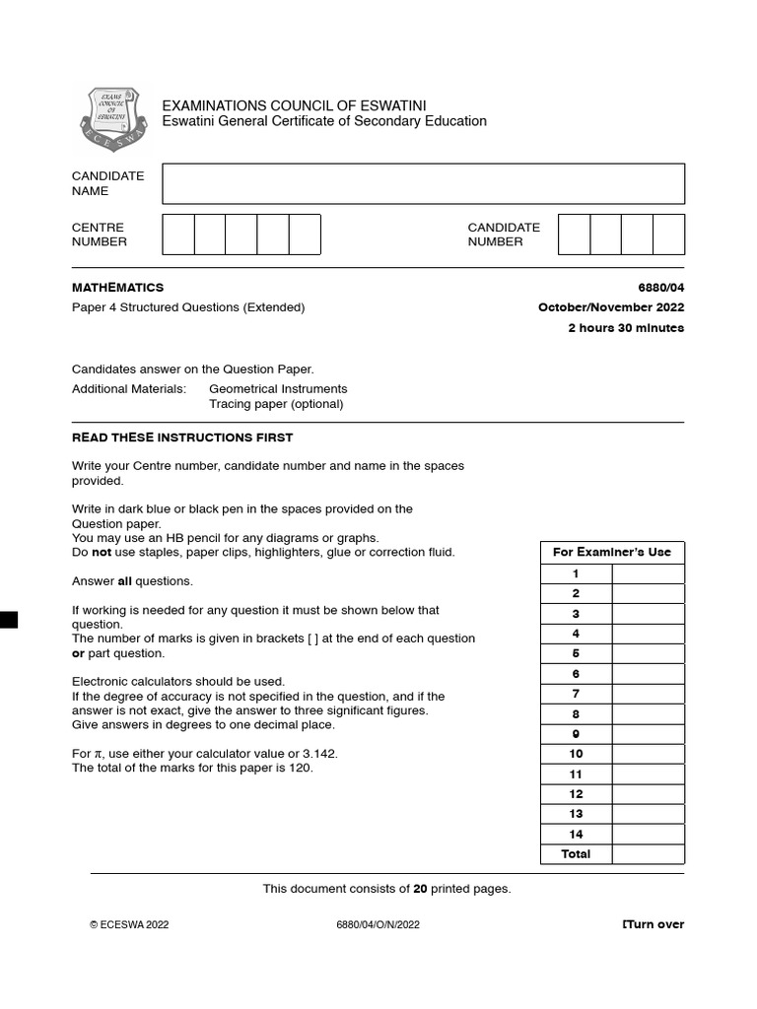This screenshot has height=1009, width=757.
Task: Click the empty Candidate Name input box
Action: coord(423,183)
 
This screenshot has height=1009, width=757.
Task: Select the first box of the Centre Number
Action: coord(178,235)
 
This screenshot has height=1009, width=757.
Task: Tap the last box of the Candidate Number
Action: coord(668,235)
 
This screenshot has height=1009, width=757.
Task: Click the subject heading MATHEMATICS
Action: coord(117,288)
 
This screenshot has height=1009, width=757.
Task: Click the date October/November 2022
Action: coord(610,307)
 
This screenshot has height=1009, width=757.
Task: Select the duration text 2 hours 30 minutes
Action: coord(625,328)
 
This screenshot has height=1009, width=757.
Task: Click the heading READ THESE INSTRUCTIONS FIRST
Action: coord(182,437)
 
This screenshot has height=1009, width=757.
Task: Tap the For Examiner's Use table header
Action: coord(611,552)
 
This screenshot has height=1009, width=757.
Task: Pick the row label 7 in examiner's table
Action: coord(576,694)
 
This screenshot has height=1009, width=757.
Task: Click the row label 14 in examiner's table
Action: coord(576,834)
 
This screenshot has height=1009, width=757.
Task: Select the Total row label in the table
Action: coord(576,854)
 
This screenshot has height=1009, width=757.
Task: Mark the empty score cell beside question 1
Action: coord(648,573)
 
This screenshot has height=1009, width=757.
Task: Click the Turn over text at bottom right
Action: coord(653,924)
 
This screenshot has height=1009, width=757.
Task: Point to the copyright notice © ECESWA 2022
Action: coord(129,924)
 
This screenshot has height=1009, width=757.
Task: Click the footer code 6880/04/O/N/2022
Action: coord(378,924)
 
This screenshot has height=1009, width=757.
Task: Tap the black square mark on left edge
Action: coord(8,619)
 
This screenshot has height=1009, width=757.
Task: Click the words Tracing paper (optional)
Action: coord(276,404)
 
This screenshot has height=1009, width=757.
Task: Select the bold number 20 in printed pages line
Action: coord(420,889)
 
